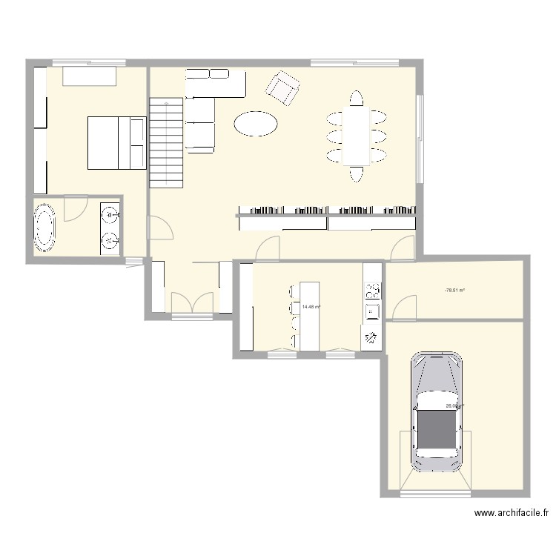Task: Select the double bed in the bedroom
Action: [116, 142]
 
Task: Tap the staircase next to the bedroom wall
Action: [166, 144]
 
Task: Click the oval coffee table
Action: [257, 123]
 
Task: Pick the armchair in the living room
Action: [283, 88]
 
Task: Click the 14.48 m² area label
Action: [311, 306]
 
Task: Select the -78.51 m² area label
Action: [454, 291]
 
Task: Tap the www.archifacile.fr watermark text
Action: [511, 512]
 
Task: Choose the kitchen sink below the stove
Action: [371, 312]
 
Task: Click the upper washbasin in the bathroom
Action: [110, 216]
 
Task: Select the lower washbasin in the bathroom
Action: [110, 239]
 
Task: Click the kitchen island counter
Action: [308, 315]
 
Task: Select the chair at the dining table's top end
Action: [357, 98]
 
